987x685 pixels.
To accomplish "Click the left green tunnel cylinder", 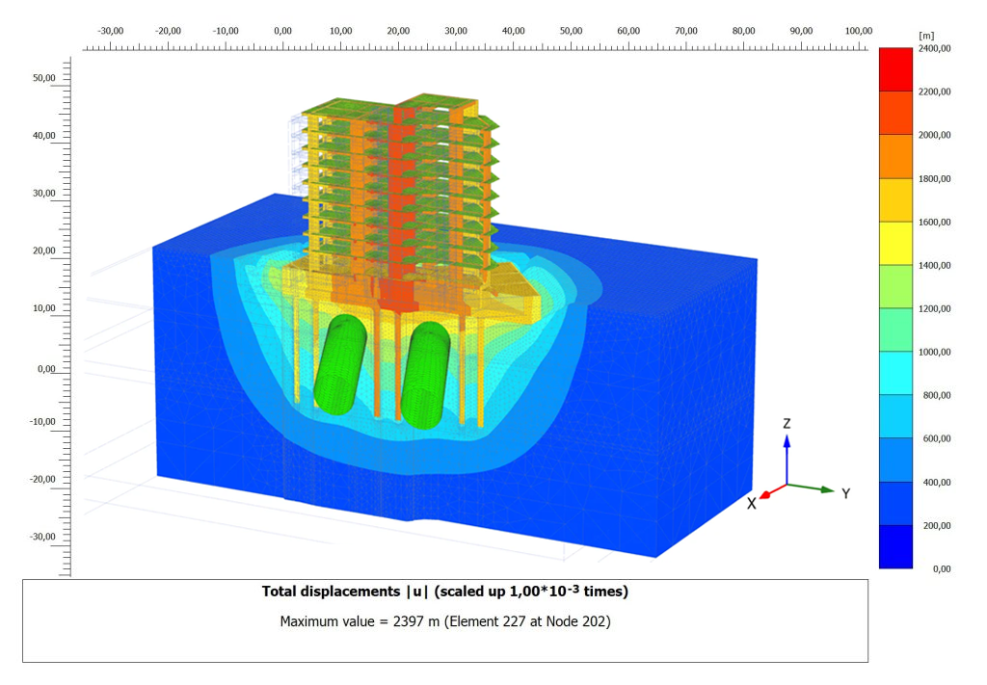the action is point(340,365).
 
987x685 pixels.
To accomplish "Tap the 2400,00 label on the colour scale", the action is point(934,48).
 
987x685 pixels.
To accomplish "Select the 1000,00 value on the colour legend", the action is point(934,353).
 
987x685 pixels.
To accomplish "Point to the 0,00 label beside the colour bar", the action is point(942,569).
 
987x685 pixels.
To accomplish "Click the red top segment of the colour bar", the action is point(895,69).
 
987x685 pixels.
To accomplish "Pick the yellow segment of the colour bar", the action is point(895,243).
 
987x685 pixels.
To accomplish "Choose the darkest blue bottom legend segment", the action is point(895,546).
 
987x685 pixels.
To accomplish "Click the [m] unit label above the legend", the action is point(926,36).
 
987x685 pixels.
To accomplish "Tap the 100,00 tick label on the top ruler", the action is point(859,31).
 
